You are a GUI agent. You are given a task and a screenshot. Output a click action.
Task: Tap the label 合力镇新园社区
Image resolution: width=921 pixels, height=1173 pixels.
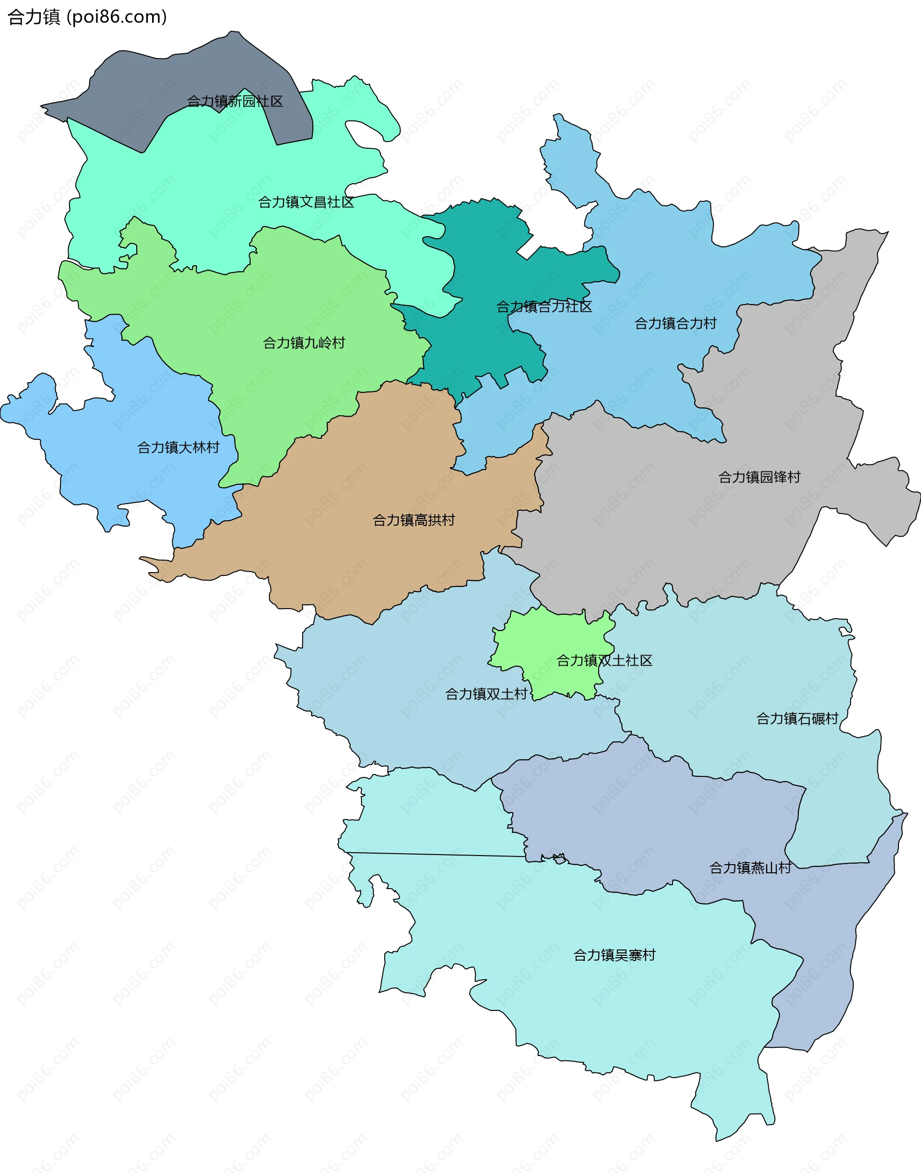pos(235,101)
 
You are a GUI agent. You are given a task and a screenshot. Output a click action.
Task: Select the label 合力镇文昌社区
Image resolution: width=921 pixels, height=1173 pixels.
pos(306,202)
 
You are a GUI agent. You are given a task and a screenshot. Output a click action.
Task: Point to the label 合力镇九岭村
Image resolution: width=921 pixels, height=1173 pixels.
pos(304,343)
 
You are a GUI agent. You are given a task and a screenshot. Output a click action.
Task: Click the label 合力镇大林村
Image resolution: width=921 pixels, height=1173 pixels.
pos(178,447)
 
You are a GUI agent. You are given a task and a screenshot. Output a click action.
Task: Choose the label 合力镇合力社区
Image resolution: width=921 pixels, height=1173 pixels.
pos(543,307)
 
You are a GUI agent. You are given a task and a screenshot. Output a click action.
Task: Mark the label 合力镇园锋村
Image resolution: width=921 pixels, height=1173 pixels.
pos(759,477)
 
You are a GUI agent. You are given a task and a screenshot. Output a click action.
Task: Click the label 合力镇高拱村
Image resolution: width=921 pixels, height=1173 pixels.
pos(413,520)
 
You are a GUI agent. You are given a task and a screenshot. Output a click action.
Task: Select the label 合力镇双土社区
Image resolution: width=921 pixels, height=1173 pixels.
pos(604,660)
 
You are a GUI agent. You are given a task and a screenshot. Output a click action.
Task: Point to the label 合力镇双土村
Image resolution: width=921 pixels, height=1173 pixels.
pos(486,694)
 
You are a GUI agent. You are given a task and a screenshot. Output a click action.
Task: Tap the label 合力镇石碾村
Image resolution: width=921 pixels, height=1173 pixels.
pos(797,718)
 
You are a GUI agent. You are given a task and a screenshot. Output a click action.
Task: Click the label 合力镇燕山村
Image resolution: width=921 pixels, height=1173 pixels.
pos(750,868)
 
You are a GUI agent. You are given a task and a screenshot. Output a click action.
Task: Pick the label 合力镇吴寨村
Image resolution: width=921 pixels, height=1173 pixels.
pos(614,955)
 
